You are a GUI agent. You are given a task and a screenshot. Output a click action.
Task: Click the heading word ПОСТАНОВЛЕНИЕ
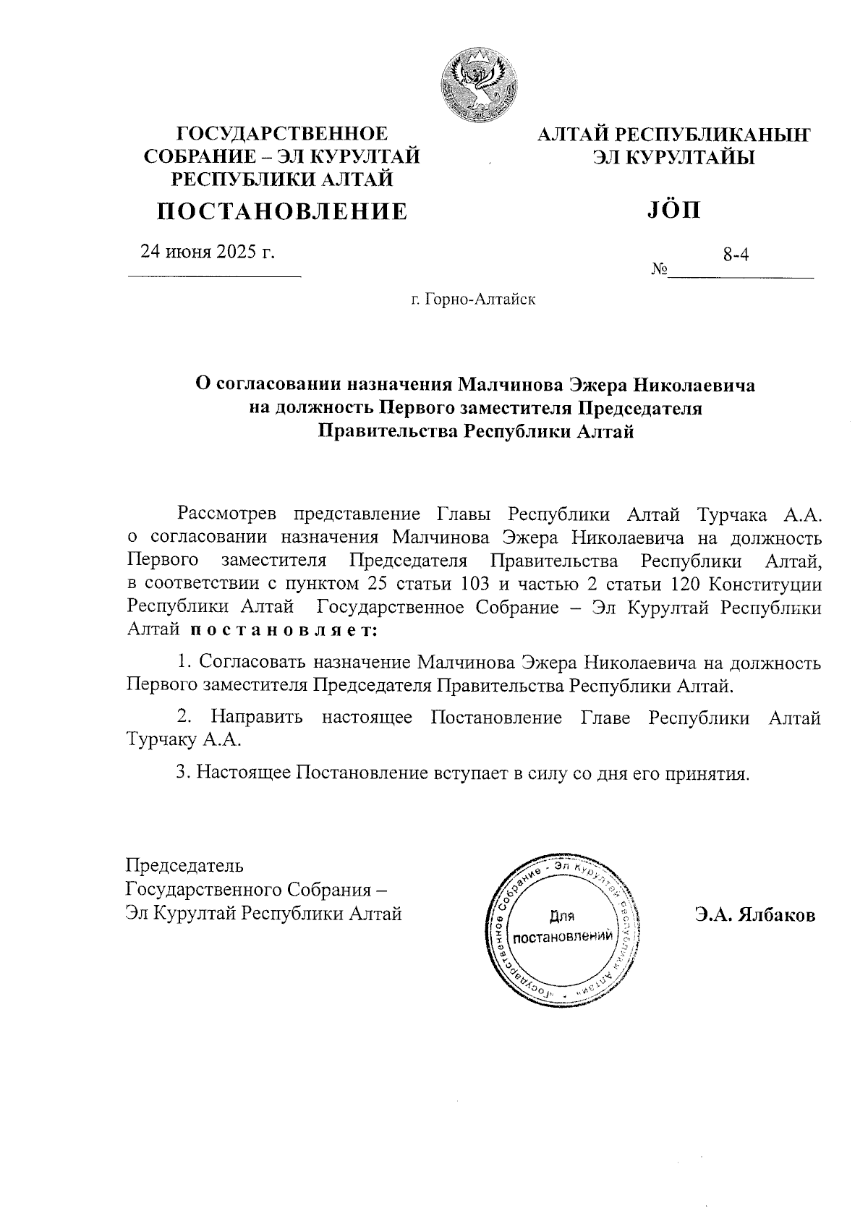283,211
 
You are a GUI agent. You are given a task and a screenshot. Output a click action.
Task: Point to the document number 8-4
736,255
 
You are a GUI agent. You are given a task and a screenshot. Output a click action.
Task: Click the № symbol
659,271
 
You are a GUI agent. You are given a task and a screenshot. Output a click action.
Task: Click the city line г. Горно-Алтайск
474,299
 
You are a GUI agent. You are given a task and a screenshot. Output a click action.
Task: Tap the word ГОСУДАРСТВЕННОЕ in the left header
283,134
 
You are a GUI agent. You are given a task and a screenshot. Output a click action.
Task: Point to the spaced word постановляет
284,630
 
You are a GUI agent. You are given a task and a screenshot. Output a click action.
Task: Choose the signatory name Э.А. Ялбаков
755,915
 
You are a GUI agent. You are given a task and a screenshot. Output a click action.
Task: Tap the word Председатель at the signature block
184,865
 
